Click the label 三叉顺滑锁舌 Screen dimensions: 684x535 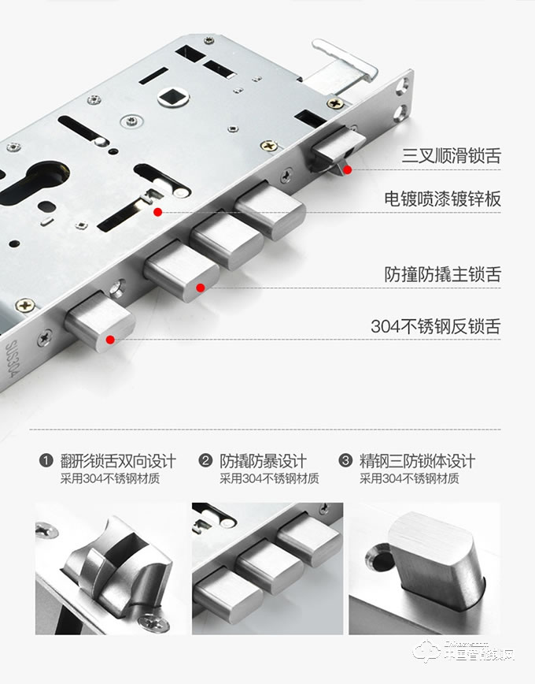[451, 155]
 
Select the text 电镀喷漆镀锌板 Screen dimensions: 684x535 [442, 199]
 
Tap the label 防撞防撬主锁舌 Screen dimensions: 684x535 [442, 275]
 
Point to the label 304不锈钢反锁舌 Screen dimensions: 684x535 [435, 326]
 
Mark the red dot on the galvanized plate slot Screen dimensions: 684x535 [158, 212]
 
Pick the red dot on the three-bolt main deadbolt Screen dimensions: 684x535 [201, 288]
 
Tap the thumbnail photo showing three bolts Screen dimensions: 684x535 [267, 568]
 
